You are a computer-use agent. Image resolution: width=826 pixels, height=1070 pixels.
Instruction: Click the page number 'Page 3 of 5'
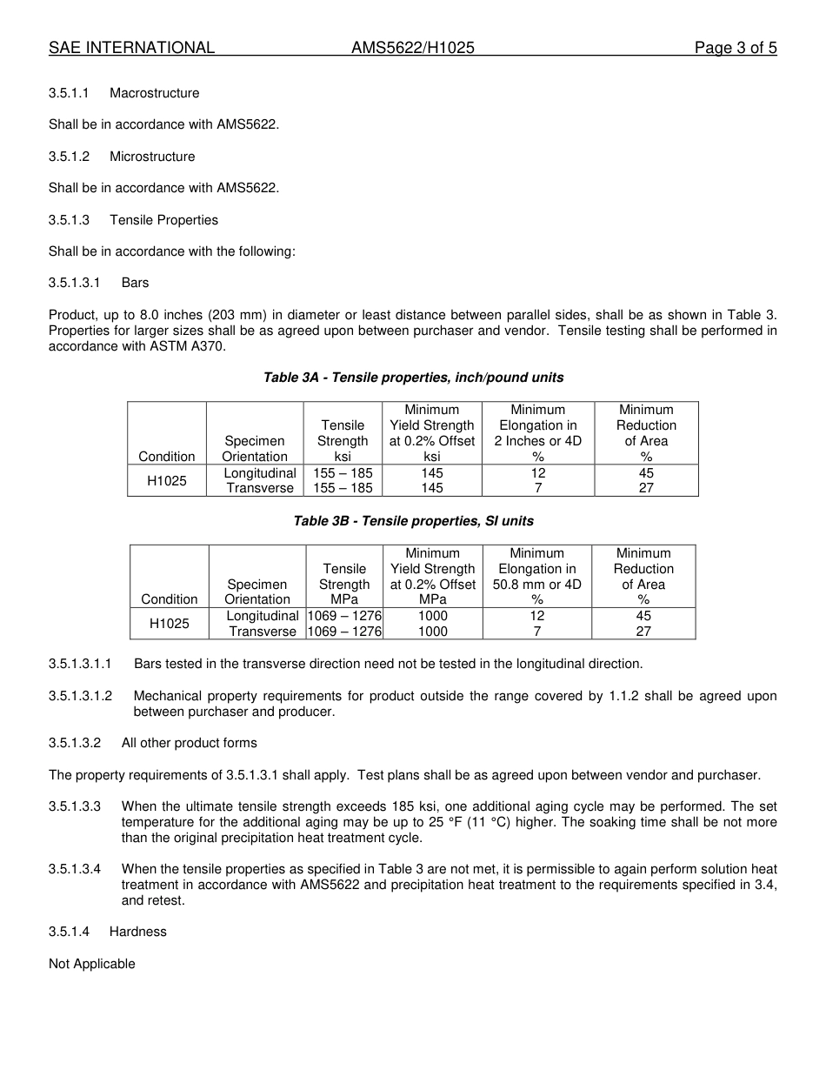(x=735, y=48)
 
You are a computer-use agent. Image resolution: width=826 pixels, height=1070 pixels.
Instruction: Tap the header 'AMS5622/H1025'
(x=413, y=48)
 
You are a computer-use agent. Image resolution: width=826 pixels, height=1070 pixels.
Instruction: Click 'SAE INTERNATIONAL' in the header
(x=131, y=48)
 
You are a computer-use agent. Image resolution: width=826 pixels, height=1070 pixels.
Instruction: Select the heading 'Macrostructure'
(x=154, y=93)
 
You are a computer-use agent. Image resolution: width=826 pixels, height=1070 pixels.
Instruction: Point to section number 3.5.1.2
(x=70, y=157)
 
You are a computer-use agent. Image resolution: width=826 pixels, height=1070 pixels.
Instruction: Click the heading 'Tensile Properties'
(x=163, y=220)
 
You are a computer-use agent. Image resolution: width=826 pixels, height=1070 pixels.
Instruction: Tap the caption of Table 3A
(x=413, y=378)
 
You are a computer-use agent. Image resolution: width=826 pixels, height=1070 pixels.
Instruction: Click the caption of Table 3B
(x=413, y=521)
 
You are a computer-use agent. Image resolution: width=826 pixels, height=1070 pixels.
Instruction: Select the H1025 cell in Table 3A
(x=167, y=480)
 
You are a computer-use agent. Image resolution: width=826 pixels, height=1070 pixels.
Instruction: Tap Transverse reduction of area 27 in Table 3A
(x=646, y=488)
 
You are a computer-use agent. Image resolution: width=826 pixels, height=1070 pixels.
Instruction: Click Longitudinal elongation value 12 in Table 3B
(x=537, y=616)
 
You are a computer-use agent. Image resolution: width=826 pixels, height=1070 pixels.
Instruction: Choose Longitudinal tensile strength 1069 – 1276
(x=344, y=616)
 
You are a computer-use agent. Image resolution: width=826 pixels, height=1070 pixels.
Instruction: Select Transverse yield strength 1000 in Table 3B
(x=433, y=632)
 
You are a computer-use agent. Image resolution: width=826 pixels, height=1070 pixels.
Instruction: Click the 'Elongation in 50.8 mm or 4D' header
(x=537, y=577)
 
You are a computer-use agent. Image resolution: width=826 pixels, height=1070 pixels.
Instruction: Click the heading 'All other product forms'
(x=189, y=743)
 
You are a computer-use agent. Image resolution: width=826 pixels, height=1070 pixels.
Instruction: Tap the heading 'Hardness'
(x=137, y=932)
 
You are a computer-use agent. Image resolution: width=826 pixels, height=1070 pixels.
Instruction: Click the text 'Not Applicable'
(x=92, y=964)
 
